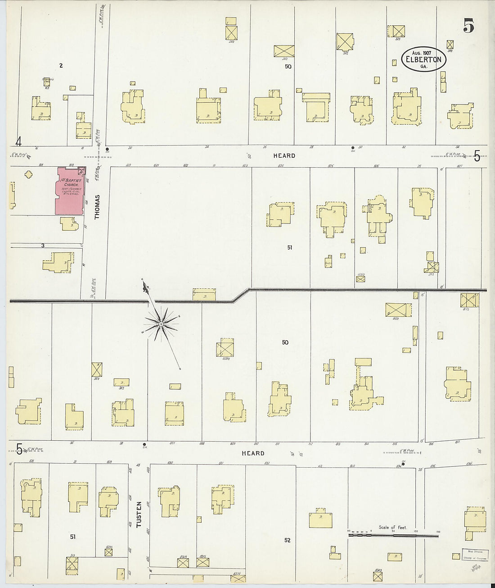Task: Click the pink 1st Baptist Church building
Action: [x=69, y=191]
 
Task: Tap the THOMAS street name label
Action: [x=98, y=210]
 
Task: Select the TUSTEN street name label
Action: [x=139, y=515]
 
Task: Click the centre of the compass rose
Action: [x=160, y=324]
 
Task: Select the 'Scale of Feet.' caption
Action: [x=392, y=527]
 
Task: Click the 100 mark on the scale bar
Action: [x=415, y=532]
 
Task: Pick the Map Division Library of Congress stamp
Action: [x=474, y=554]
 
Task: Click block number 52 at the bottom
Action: [x=288, y=540]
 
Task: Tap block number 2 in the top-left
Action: [x=61, y=66]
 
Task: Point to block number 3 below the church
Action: [x=42, y=246]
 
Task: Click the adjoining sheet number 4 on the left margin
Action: [x=18, y=142]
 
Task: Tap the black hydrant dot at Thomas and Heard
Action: [x=107, y=149]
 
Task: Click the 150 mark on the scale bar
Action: [x=438, y=532]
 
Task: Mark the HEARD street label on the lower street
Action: [x=253, y=453]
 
